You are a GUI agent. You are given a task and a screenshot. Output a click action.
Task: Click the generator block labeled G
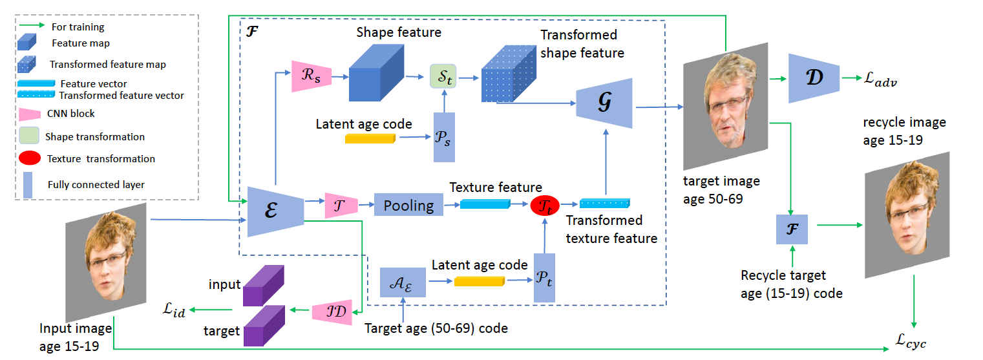coord(604,107)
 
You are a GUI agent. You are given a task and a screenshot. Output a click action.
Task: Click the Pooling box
coord(408,206)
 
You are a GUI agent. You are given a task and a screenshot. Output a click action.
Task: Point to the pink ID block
coord(332,312)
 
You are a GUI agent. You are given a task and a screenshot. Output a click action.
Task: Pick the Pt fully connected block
coord(544,277)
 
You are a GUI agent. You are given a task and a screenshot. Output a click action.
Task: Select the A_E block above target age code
coord(403,282)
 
